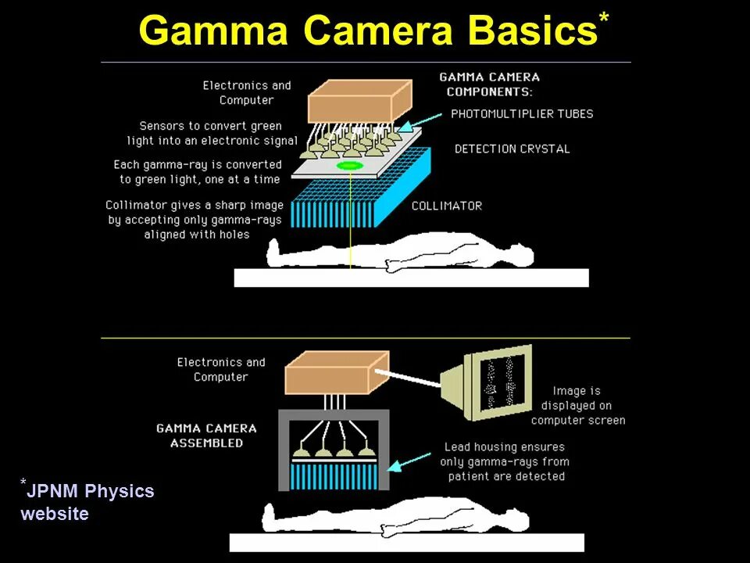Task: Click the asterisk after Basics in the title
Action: point(604,20)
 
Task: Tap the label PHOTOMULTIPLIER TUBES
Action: point(522,114)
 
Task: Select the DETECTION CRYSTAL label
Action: point(512,149)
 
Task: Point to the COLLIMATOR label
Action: point(447,206)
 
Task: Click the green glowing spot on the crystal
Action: point(350,166)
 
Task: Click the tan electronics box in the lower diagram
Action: point(334,373)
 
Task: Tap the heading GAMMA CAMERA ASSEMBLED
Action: point(206,436)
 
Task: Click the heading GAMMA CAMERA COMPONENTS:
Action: point(490,84)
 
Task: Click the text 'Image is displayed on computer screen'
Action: point(577,405)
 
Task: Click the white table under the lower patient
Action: point(406,543)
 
